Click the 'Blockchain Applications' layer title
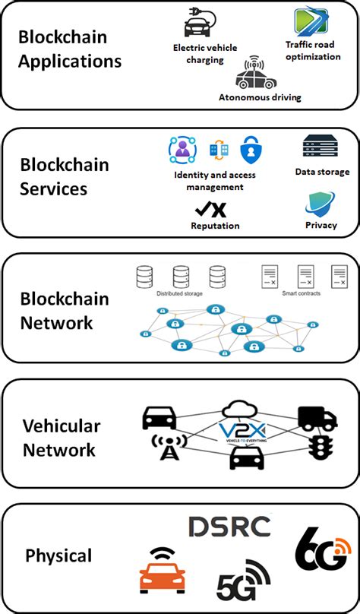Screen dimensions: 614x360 pyautogui.click(x=70, y=49)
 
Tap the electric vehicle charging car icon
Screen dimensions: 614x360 pyautogui.click(x=199, y=24)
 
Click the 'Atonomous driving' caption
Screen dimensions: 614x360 pyautogui.click(x=260, y=97)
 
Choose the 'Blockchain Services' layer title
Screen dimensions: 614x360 pyautogui.click(x=65, y=176)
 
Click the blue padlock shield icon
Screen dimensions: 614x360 pyautogui.click(x=251, y=151)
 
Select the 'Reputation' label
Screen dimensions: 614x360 pyautogui.click(x=215, y=226)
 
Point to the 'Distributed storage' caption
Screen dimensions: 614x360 pyautogui.click(x=179, y=293)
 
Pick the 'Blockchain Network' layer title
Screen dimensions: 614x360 pyautogui.click(x=65, y=310)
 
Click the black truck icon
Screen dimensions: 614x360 pyautogui.click(x=317, y=417)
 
